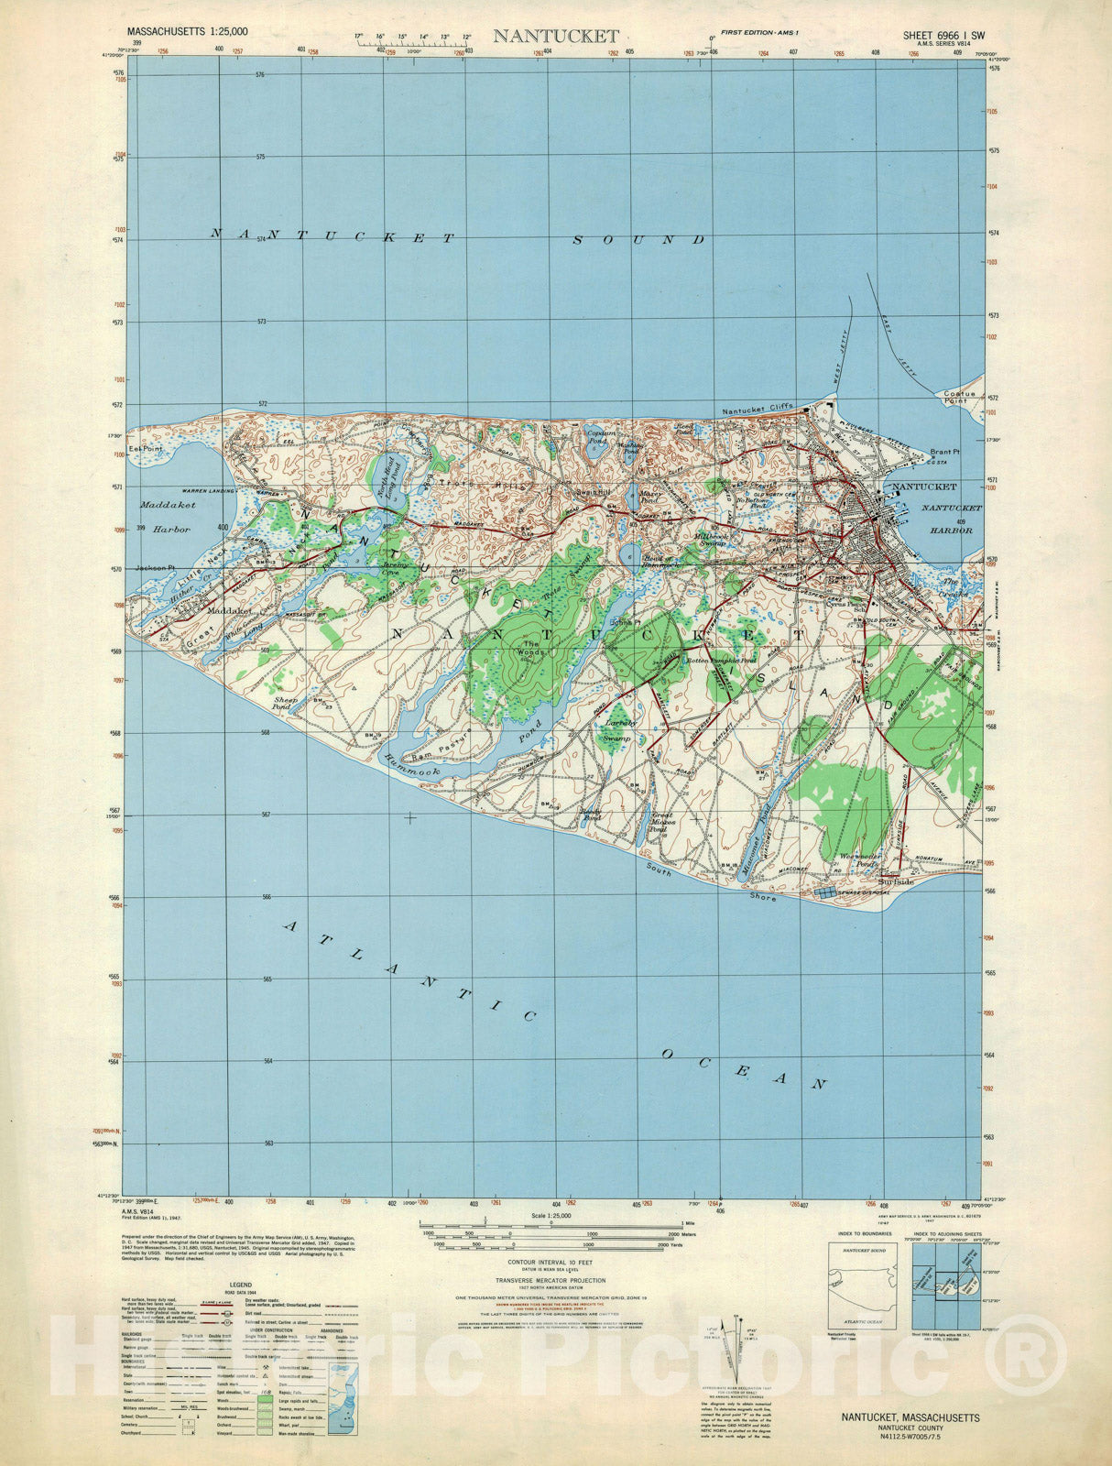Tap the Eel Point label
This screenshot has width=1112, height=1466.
pyautogui.click(x=145, y=449)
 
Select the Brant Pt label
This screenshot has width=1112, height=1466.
pyautogui.click(x=943, y=452)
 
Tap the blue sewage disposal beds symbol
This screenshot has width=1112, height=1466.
pyautogui.click(x=826, y=891)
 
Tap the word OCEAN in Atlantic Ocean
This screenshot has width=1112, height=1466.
pyautogui.click(x=744, y=1068)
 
